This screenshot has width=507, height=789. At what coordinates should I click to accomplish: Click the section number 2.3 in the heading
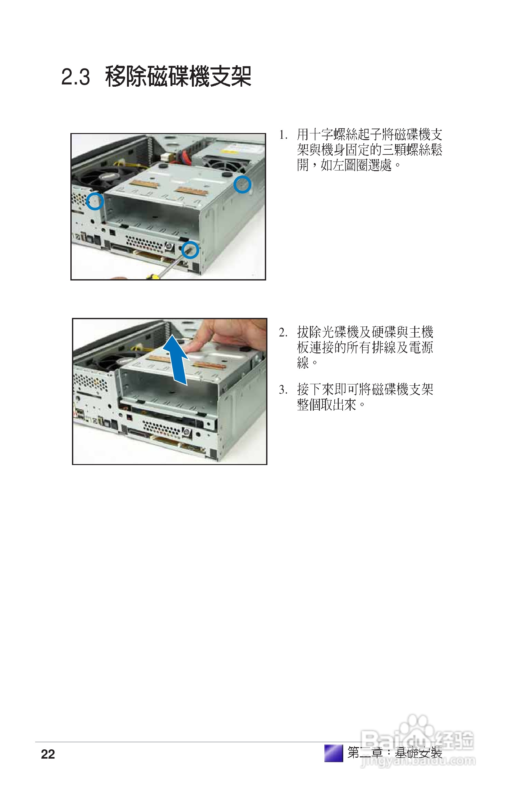pos(75,77)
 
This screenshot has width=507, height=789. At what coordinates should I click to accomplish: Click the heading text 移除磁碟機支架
pos(178,76)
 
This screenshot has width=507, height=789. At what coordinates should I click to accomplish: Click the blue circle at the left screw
pos(95,201)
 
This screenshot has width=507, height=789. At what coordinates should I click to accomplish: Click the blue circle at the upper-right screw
pos(242,184)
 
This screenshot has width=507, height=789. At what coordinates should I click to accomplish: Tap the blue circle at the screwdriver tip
pos(190,250)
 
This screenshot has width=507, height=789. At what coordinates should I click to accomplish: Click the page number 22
pos(48,754)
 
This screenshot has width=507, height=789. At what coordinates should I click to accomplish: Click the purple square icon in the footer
pos(334,753)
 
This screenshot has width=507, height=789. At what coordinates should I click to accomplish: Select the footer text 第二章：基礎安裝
pos(394,753)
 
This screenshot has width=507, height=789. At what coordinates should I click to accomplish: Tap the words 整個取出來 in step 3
pos(327,405)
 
